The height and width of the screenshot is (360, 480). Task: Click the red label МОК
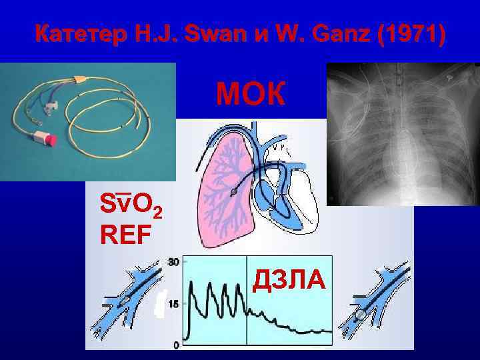250,95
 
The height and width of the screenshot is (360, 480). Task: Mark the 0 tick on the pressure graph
176,344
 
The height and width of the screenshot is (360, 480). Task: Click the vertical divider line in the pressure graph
247,300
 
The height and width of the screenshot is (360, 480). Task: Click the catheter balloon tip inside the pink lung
232,191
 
